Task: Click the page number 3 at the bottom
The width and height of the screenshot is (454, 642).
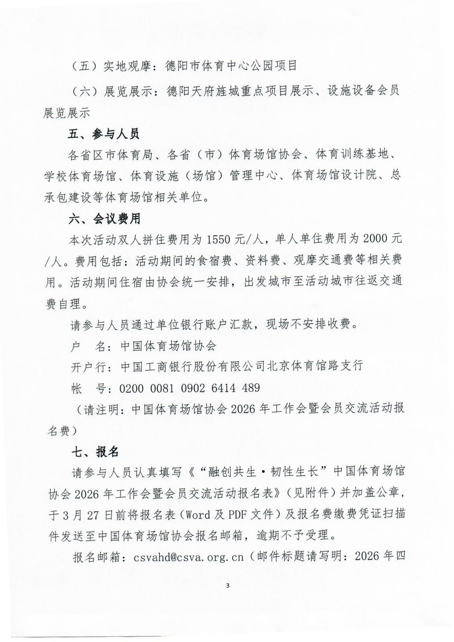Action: coord(228,585)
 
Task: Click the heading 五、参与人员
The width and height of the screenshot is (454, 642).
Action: coord(104,134)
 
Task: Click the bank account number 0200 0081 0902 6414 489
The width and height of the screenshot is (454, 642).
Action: coord(189,388)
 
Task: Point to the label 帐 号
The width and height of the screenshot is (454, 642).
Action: coord(88,388)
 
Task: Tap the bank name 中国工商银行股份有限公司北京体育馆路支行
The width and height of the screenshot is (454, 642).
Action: coord(242,366)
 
